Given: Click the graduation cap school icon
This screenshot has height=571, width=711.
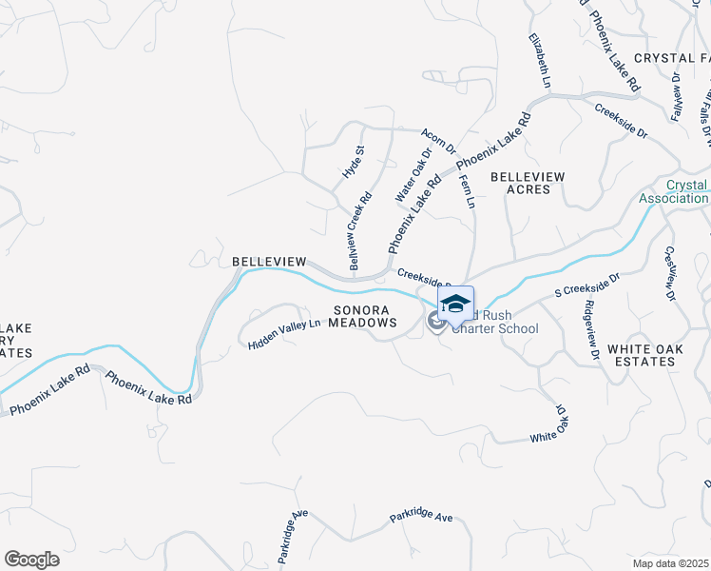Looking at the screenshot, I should (x=455, y=304).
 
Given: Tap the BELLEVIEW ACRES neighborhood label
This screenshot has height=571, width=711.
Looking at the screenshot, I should (x=528, y=183).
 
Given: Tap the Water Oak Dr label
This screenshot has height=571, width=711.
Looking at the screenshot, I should (x=412, y=174).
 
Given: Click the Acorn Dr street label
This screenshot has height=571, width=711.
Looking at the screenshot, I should (x=438, y=143).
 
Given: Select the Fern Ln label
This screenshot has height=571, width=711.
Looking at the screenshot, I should (x=467, y=191).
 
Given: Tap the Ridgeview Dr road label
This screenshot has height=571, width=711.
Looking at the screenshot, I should (x=591, y=329).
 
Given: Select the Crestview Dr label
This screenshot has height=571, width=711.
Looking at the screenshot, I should (x=670, y=275).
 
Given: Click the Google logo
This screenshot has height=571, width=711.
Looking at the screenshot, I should (x=31, y=560).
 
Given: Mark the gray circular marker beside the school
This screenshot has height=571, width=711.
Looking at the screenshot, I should (x=436, y=323).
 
